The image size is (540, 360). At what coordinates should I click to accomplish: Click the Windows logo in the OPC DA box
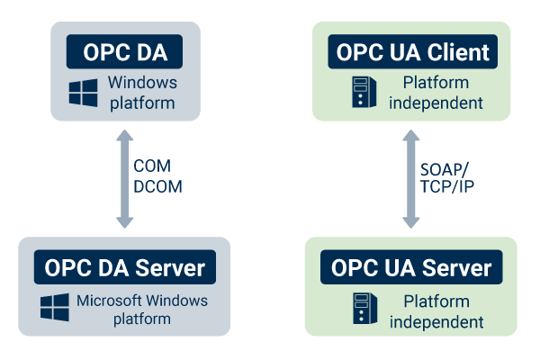pos(84,93)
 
